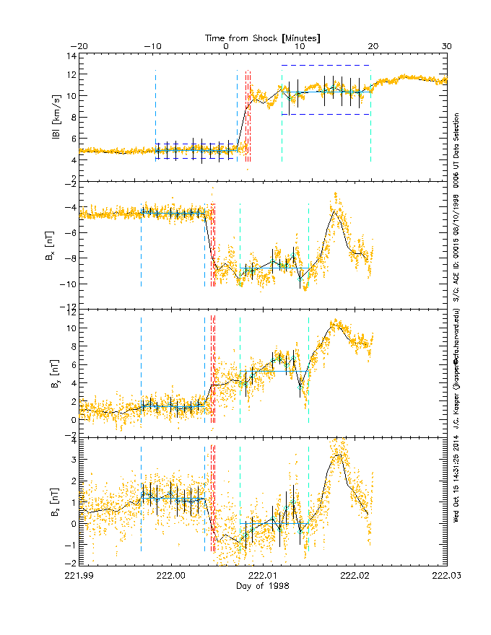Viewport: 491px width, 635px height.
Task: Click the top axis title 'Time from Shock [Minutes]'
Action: (x=263, y=37)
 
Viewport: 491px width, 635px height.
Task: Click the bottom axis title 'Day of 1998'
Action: (x=263, y=586)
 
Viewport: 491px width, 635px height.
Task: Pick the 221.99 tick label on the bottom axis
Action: (x=79, y=576)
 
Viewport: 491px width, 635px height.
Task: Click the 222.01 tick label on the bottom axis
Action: (x=263, y=576)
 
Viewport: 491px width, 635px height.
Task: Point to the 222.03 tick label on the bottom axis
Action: (x=446, y=576)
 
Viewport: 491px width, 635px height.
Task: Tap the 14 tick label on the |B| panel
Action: (x=72, y=55)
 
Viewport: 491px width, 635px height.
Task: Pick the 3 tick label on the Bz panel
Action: (x=74, y=459)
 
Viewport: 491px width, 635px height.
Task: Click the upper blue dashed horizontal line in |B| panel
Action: (x=326, y=66)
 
